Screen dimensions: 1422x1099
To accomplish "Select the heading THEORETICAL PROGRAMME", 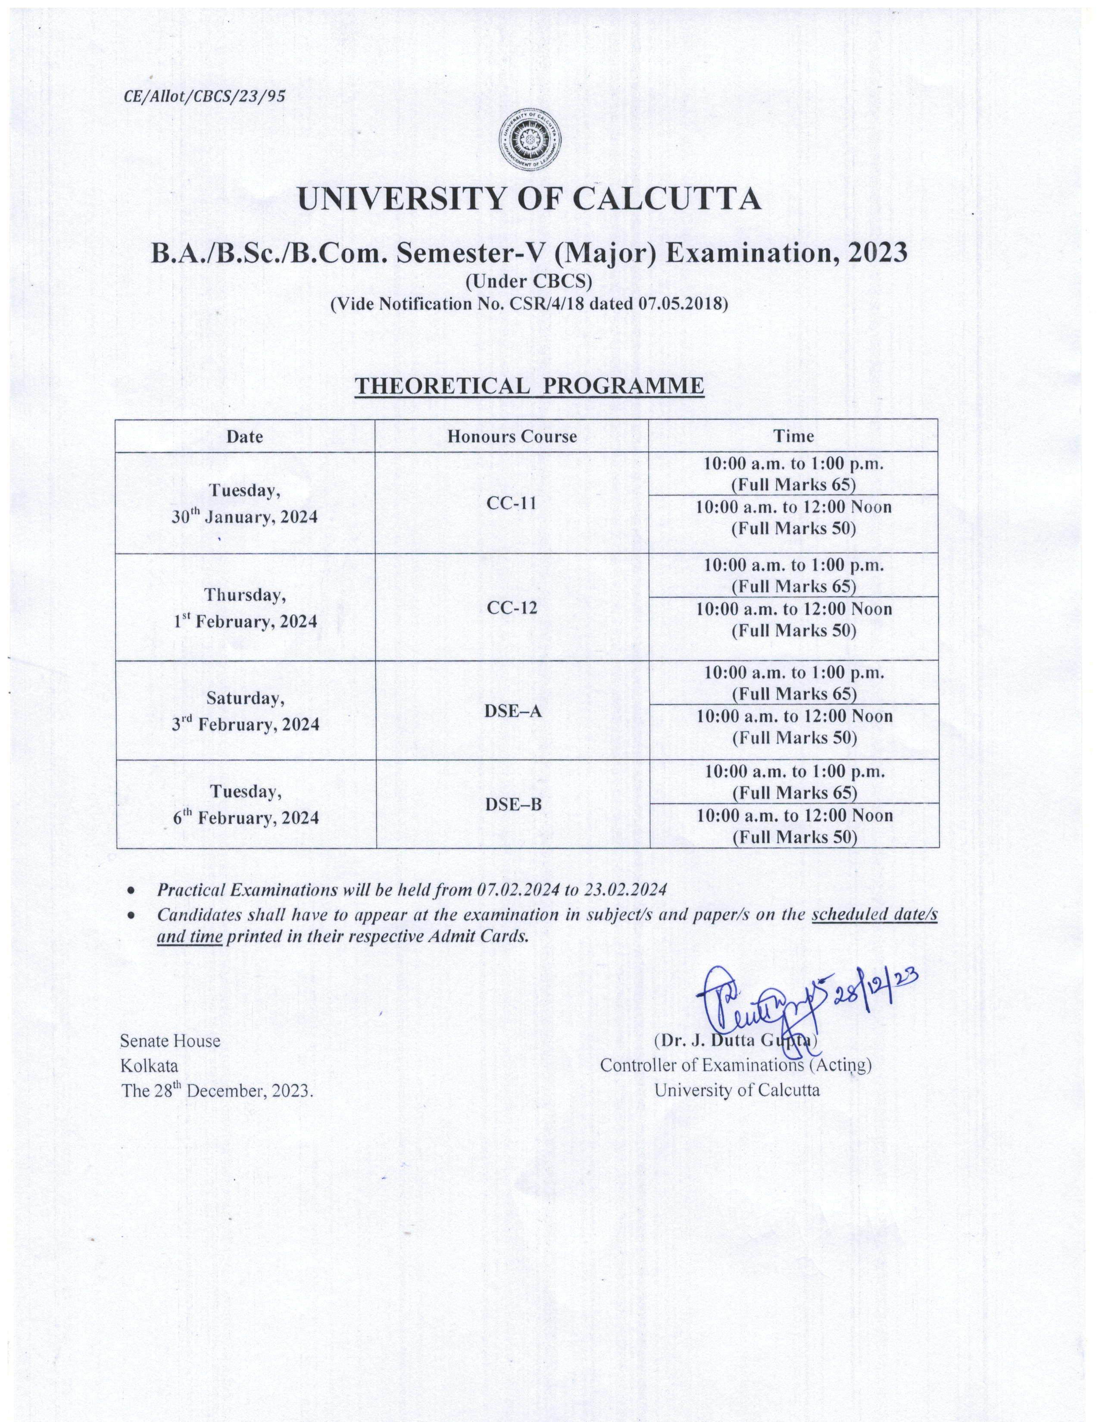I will click(529, 386).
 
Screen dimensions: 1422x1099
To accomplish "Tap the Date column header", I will click(245, 436).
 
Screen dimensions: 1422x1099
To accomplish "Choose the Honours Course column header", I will click(512, 436).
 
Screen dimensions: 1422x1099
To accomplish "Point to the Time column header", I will click(793, 436).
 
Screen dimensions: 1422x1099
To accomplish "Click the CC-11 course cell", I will click(511, 502).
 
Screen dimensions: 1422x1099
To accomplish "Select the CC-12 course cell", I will click(511, 608).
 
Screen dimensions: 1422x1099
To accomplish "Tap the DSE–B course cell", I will click(512, 805).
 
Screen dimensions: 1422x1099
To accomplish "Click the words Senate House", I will click(170, 1041).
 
